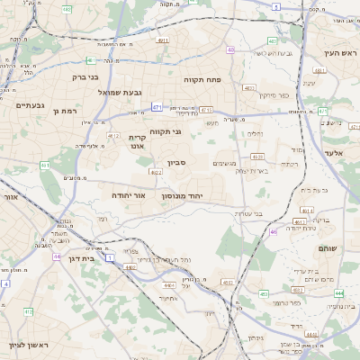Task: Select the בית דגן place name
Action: [81, 256]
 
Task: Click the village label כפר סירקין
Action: [248, 95]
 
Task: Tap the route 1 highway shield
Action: [110, 257]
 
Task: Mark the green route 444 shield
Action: [338, 293]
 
